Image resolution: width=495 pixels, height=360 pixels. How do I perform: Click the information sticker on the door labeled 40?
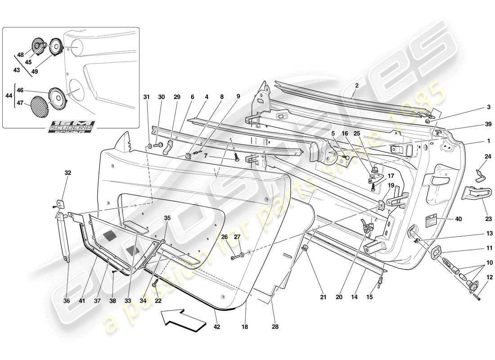pos(431,220)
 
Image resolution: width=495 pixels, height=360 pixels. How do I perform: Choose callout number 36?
pos(67,301)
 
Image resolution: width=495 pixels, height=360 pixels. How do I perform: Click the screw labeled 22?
pos(155,284)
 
